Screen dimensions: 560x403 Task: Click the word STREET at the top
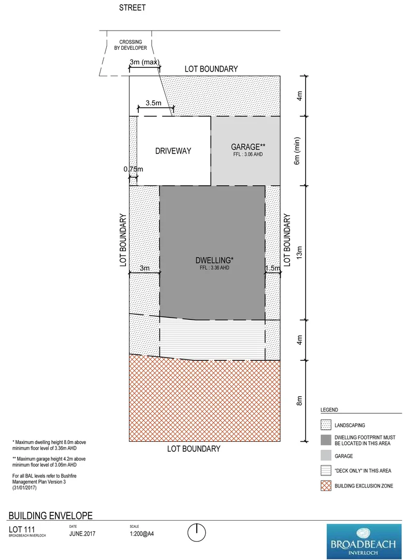pos(132,8)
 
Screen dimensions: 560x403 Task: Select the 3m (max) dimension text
pos(145,63)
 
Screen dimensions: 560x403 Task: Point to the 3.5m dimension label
pos(153,103)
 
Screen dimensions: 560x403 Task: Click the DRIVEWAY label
pos(173,151)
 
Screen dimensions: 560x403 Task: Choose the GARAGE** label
pos(248,147)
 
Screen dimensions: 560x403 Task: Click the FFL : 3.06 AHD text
pos(248,155)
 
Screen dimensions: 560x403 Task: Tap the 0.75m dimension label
pos(133,169)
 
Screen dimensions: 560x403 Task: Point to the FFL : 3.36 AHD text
pos(214,268)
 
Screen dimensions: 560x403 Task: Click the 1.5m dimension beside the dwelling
pos(272,268)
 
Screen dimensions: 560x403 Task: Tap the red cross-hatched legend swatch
pos(326,486)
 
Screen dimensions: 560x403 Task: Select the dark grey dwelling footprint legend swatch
pos(326,440)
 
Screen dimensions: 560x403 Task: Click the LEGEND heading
pos(329,410)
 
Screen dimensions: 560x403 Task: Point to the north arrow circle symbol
pos(197,532)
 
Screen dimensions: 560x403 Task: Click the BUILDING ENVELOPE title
pos(51,515)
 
